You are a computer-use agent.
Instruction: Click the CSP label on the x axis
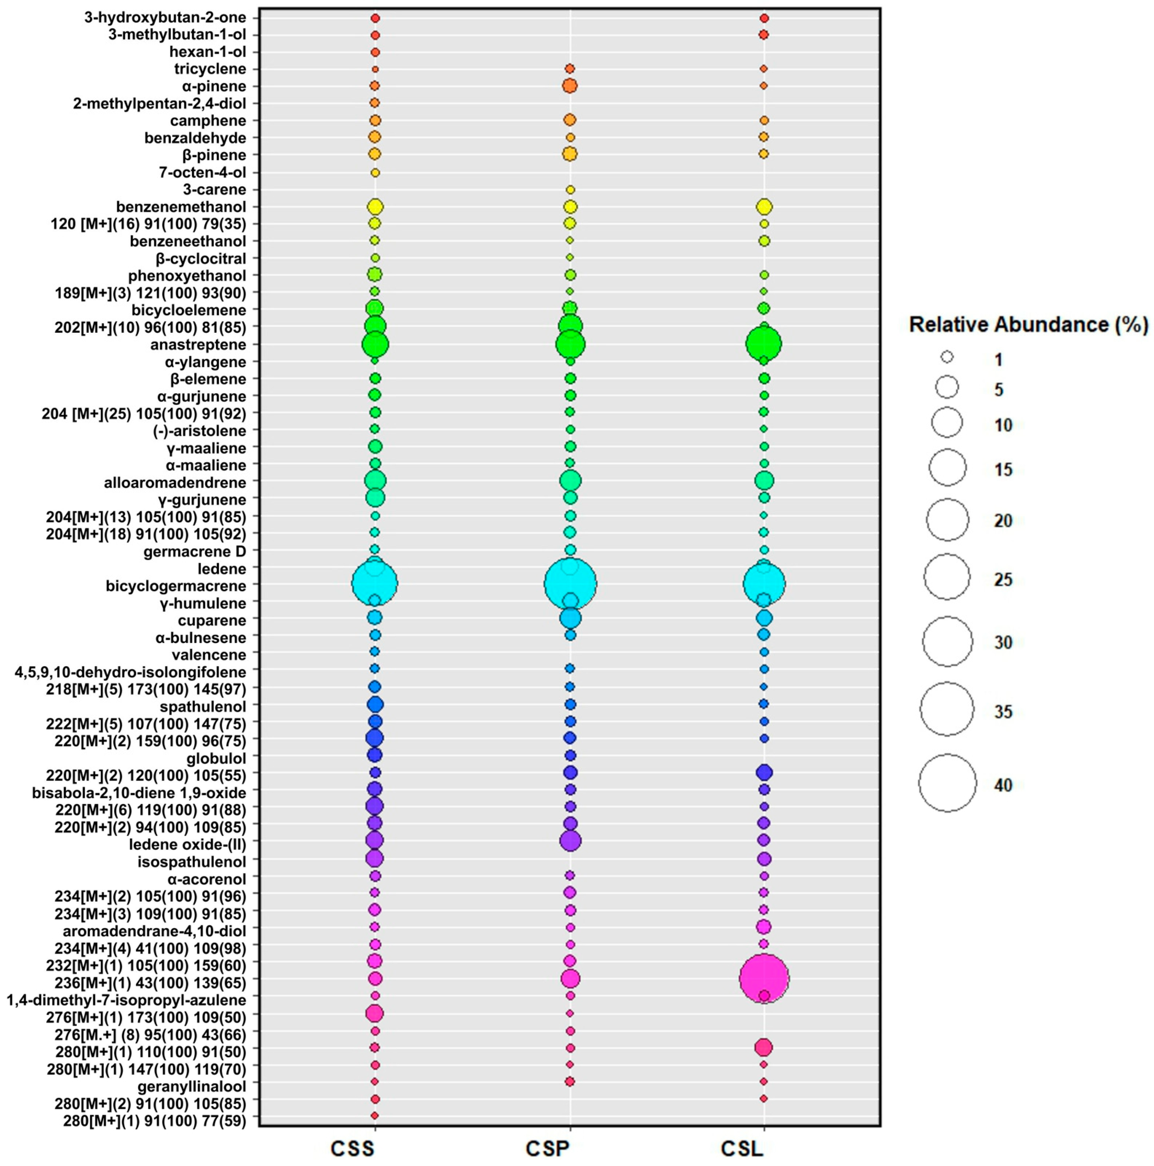(548, 1148)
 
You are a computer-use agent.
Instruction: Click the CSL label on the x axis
(742, 1148)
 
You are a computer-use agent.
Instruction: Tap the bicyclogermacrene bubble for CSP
(570, 584)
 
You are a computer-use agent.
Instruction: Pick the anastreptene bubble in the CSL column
(764, 344)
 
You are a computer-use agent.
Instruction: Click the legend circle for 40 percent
(947, 783)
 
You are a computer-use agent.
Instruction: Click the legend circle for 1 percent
(947, 357)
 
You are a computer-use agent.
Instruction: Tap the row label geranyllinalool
(192, 1086)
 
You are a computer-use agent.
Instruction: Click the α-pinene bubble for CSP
(570, 86)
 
